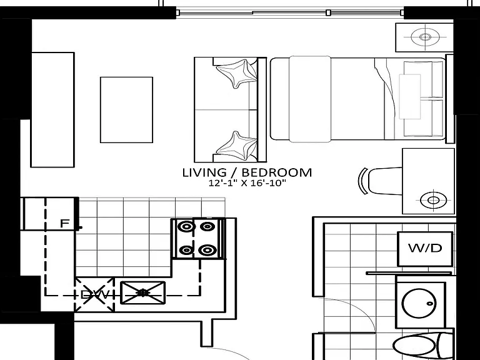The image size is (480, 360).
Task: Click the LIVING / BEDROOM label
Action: click(x=247, y=172)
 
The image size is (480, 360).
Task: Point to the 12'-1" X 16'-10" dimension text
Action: click(x=247, y=183)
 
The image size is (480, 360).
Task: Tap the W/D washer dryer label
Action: click(x=425, y=248)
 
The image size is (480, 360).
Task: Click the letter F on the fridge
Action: click(x=64, y=224)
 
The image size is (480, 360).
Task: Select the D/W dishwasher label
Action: click(x=94, y=295)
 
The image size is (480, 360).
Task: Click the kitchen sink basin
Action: click(x=142, y=293)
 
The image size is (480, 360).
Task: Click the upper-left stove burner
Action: click(x=186, y=227)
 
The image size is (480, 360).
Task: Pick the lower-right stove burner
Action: click(x=207, y=251)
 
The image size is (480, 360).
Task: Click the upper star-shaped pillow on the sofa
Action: click(x=236, y=73)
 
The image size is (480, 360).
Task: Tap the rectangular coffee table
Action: click(x=126, y=110)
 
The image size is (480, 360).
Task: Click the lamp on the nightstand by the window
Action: click(x=425, y=37)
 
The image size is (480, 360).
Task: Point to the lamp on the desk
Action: click(x=434, y=200)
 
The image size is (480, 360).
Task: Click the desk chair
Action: click(x=381, y=181)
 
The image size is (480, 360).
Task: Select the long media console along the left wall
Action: click(x=52, y=110)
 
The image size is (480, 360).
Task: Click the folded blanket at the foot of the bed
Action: click(x=310, y=99)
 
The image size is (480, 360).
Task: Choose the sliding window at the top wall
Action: click(x=290, y=12)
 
